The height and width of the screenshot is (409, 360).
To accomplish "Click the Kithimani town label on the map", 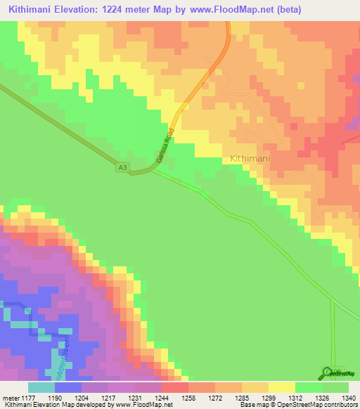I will [250, 160].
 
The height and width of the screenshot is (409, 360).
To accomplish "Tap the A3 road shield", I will [123, 167].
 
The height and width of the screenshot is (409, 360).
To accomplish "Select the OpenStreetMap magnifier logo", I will [328, 372].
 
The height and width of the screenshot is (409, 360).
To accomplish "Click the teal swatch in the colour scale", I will [41, 387].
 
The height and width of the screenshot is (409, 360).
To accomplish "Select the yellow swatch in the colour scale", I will [282, 387].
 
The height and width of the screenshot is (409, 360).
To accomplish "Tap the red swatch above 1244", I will [175, 387].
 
